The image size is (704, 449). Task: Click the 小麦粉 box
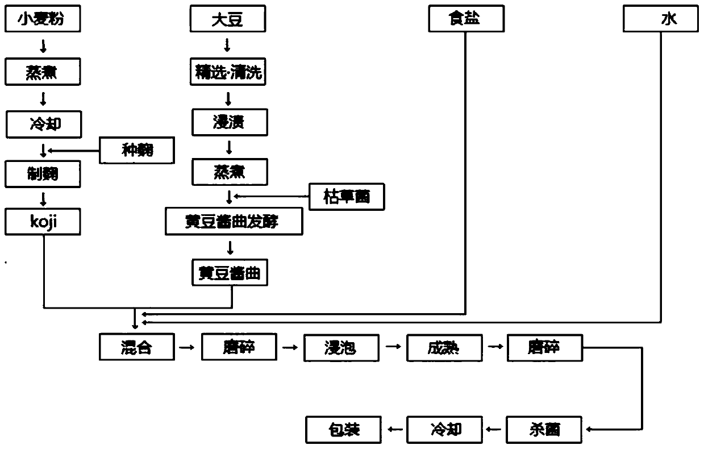[x=43, y=20]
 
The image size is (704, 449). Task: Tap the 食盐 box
[x=465, y=20]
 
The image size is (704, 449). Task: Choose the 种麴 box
[x=136, y=151]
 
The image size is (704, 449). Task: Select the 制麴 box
[x=43, y=174]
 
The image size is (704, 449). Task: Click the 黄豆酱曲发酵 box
[x=233, y=222]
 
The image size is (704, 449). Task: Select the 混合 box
[x=136, y=347]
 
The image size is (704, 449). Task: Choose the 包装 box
[x=344, y=429]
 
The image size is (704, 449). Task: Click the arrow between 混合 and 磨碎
[x=187, y=346]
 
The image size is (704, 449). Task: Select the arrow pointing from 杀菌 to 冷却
[x=493, y=429]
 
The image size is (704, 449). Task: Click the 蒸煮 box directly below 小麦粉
[x=43, y=72]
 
